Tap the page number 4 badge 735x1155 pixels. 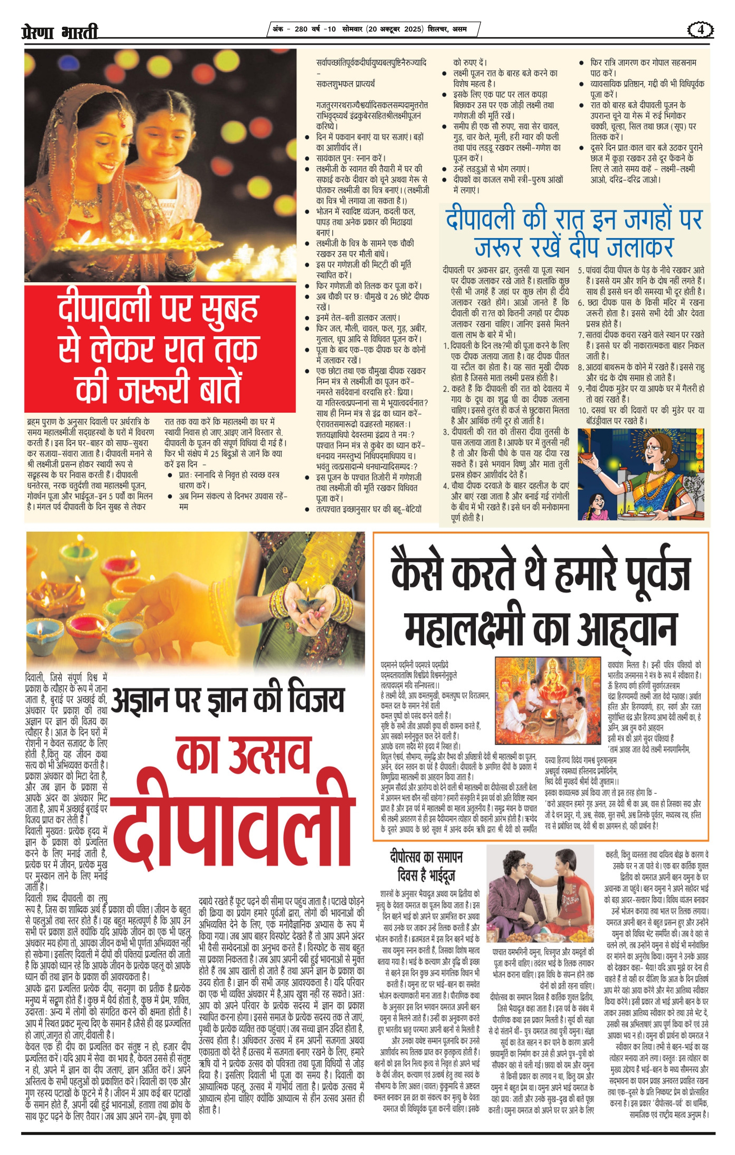pyautogui.click(x=700, y=30)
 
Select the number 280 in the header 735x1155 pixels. pyautogui.click(x=301, y=29)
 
